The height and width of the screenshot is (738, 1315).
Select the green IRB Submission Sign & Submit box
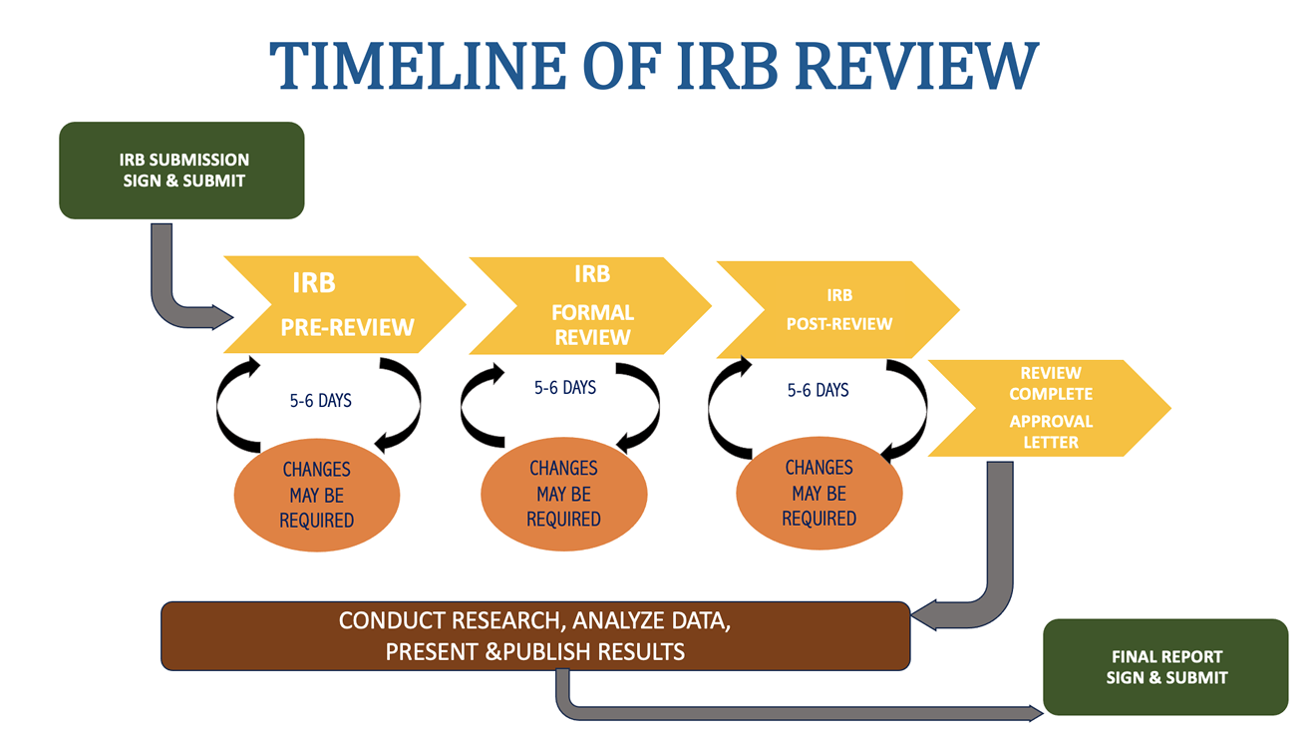pos(181,170)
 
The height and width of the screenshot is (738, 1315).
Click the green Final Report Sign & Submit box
pos(1165,666)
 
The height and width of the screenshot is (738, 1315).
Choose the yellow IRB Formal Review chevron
pos(588,305)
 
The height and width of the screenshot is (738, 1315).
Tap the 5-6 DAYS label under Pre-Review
pos(320,401)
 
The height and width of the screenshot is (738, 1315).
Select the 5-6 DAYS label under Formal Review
pos(564,388)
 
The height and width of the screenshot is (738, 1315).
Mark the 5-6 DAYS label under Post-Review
pos(818,390)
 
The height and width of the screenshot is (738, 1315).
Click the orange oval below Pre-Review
pos(317,495)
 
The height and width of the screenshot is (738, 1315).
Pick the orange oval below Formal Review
pos(563,495)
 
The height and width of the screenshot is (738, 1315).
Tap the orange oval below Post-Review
pos(819,493)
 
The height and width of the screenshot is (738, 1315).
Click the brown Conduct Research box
pos(535,635)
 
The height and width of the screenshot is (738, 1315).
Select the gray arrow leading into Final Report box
pos(798,712)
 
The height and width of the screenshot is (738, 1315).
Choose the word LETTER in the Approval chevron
pos(1050,442)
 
